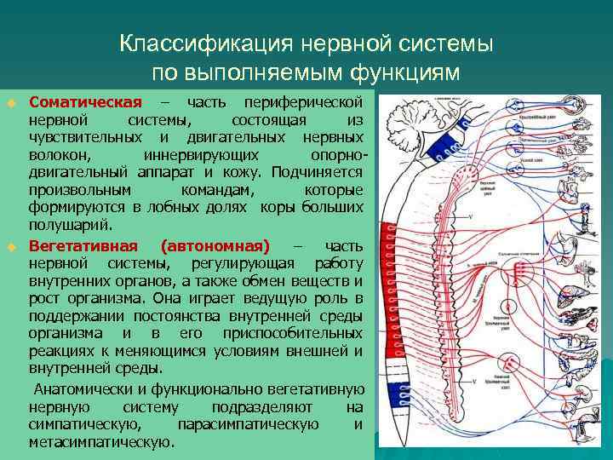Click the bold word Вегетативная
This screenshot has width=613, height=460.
point(86,247)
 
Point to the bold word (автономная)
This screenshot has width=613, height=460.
point(215,247)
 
